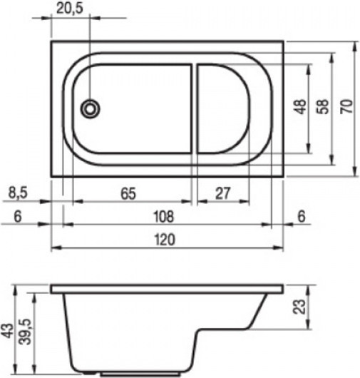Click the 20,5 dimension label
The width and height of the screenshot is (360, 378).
[x=70, y=9]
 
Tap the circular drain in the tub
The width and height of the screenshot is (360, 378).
[x=90, y=109]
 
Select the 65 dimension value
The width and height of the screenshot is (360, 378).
[x=128, y=193]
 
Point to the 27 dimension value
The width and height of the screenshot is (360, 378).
[x=223, y=193]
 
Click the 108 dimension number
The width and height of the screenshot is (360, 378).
[x=164, y=217]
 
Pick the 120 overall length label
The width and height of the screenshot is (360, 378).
[x=165, y=240]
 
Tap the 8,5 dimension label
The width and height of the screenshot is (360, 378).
[x=18, y=193]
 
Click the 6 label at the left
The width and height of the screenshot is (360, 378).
[x=18, y=216]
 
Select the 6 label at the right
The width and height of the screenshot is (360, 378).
[x=302, y=216]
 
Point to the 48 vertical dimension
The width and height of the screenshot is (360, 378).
[x=300, y=106]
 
